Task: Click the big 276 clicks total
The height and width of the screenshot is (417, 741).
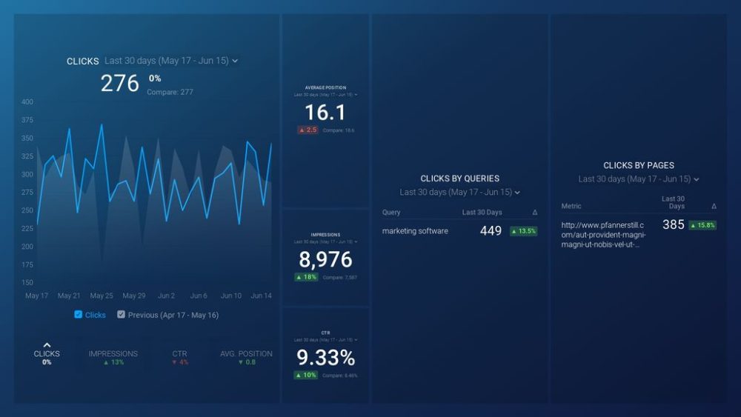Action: click(120, 84)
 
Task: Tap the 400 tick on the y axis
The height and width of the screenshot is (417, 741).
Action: click(27, 102)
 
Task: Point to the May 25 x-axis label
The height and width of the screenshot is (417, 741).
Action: click(101, 296)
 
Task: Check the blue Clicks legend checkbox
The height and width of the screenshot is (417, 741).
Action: click(79, 315)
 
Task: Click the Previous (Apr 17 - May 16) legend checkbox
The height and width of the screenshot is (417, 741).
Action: click(121, 315)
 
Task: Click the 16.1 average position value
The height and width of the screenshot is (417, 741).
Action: click(325, 113)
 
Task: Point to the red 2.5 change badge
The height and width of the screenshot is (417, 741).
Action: click(308, 130)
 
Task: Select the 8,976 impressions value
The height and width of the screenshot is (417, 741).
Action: click(325, 259)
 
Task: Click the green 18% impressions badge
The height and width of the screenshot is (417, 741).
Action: click(307, 277)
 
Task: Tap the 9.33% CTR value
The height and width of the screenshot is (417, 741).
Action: click(325, 358)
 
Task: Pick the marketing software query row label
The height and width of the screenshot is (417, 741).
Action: click(415, 231)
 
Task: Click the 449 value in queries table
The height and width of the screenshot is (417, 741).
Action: click(491, 231)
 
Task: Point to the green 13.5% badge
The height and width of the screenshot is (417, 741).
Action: click(524, 231)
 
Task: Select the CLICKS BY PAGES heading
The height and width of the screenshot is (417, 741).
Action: click(638, 166)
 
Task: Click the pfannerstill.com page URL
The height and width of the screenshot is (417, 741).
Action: click(602, 235)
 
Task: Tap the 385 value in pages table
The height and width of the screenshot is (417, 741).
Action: click(673, 224)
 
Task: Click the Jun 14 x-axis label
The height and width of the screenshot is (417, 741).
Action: click(261, 296)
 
